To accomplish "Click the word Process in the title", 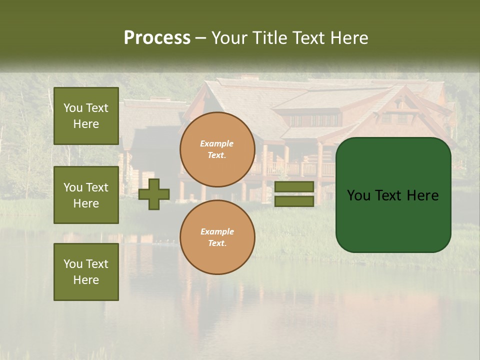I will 157,38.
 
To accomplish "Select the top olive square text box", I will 86,116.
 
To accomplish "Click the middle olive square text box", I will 86,195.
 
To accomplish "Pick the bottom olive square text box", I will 86,272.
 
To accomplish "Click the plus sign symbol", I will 154,194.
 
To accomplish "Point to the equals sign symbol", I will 294,194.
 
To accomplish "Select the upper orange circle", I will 217,149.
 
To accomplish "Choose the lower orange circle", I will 217,237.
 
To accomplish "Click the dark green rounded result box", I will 393,195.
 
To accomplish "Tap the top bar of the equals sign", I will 294,187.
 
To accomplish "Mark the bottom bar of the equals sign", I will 294,201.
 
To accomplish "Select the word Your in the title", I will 229,38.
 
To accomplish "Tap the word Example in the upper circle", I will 217,143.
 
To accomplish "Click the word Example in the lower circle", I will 217,231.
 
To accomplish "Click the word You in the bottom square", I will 72,264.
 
